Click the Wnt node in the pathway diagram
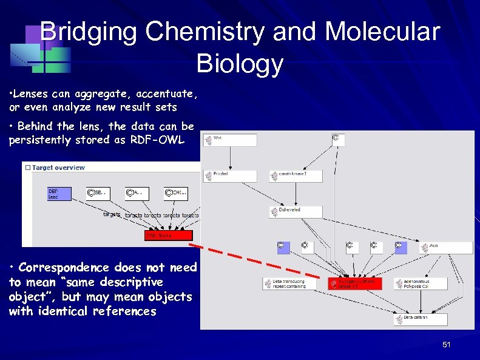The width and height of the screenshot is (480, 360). click(x=230, y=140)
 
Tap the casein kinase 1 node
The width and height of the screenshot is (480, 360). click(x=296, y=176)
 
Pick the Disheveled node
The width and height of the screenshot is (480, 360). click(x=296, y=212)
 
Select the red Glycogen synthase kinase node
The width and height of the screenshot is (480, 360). click(x=355, y=284)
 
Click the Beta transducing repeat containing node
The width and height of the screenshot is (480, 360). click(x=289, y=284)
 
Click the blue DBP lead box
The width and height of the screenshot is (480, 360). click(x=59, y=194)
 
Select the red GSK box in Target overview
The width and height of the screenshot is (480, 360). click(x=168, y=235)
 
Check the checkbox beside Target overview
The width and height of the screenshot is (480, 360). click(x=27, y=168)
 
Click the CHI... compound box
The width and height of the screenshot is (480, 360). click(x=175, y=194)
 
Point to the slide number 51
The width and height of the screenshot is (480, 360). click(x=447, y=345)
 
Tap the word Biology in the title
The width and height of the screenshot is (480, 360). click(x=240, y=63)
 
